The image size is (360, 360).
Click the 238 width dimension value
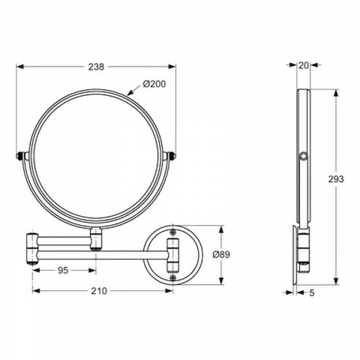click(x=96, y=67)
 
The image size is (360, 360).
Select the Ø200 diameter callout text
click(x=154, y=84)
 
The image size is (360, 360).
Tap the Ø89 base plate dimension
click(x=221, y=255)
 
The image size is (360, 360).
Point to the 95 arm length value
click(x=63, y=270)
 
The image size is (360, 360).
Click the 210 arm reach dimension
click(x=99, y=291)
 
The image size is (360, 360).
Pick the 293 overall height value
click(x=336, y=179)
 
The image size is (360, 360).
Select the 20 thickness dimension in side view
click(x=304, y=65)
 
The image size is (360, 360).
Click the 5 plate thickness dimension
click(x=311, y=292)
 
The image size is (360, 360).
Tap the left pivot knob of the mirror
click(x=19, y=155)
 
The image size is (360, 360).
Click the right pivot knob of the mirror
click(x=172, y=155)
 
